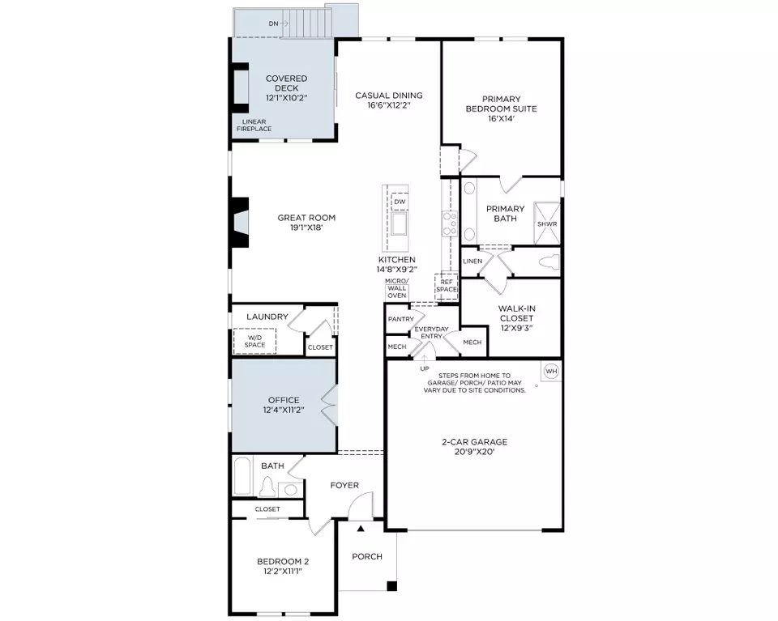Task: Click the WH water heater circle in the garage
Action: click(551, 371)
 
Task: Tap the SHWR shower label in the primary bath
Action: click(547, 224)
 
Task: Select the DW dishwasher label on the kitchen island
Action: click(400, 202)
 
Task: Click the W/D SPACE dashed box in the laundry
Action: click(254, 341)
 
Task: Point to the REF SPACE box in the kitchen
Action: click(447, 286)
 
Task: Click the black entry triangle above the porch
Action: click(361, 529)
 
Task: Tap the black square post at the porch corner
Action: click(392, 586)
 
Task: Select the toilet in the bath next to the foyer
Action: click(267, 487)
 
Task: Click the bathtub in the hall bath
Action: click(242, 476)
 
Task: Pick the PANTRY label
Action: click(401, 319)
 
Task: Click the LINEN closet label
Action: click(472, 262)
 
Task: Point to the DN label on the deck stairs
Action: click(273, 23)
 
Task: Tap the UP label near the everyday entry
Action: click(425, 368)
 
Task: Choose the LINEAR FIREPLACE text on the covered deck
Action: click(254, 125)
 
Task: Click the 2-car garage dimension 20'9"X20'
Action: click(475, 452)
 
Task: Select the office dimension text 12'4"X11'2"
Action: click(284, 410)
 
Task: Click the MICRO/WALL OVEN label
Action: click(397, 288)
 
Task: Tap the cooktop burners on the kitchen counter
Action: click(450, 223)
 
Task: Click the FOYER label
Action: click(344, 485)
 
